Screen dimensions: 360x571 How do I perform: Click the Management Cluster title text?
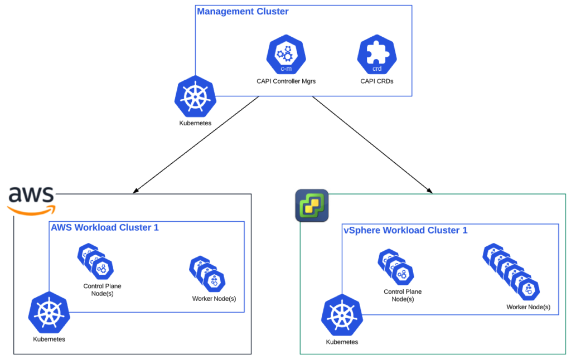pyautogui.click(x=243, y=11)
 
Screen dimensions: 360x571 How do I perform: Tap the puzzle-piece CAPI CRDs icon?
pyautogui.click(x=377, y=53)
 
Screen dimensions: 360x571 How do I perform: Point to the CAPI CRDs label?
pyautogui.click(x=377, y=81)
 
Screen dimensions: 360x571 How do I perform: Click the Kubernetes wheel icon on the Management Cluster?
pyautogui.click(x=195, y=96)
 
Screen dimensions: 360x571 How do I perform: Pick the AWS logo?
pyautogui.click(x=31, y=200)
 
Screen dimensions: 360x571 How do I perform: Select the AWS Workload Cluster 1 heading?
pyautogui.click(x=105, y=227)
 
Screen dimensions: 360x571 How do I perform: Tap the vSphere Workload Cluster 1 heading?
pyautogui.click(x=405, y=230)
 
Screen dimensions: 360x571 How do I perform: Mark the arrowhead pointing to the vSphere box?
pyautogui.click(x=429, y=191)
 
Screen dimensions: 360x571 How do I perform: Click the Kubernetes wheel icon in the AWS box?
pyautogui.click(x=49, y=312)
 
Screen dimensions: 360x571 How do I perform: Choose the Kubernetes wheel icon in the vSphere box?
pyautogui.click(x=342, y=315)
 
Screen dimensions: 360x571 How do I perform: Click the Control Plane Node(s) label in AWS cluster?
pyautogui.click(x=102, y=290)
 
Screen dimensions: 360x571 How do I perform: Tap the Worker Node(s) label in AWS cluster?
pyautogui.click(x=214, y=299)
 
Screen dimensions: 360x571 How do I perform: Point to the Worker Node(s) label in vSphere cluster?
pyautogui.click(x=528, y=307)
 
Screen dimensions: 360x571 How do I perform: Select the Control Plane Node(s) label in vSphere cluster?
pyautogui.click(x=403, y=295)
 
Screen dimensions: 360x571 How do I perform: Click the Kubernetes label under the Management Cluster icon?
pyautogui.click(x=195, y=123)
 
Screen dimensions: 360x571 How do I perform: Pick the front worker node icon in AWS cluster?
pyautogui.click(x=214, y=281)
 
